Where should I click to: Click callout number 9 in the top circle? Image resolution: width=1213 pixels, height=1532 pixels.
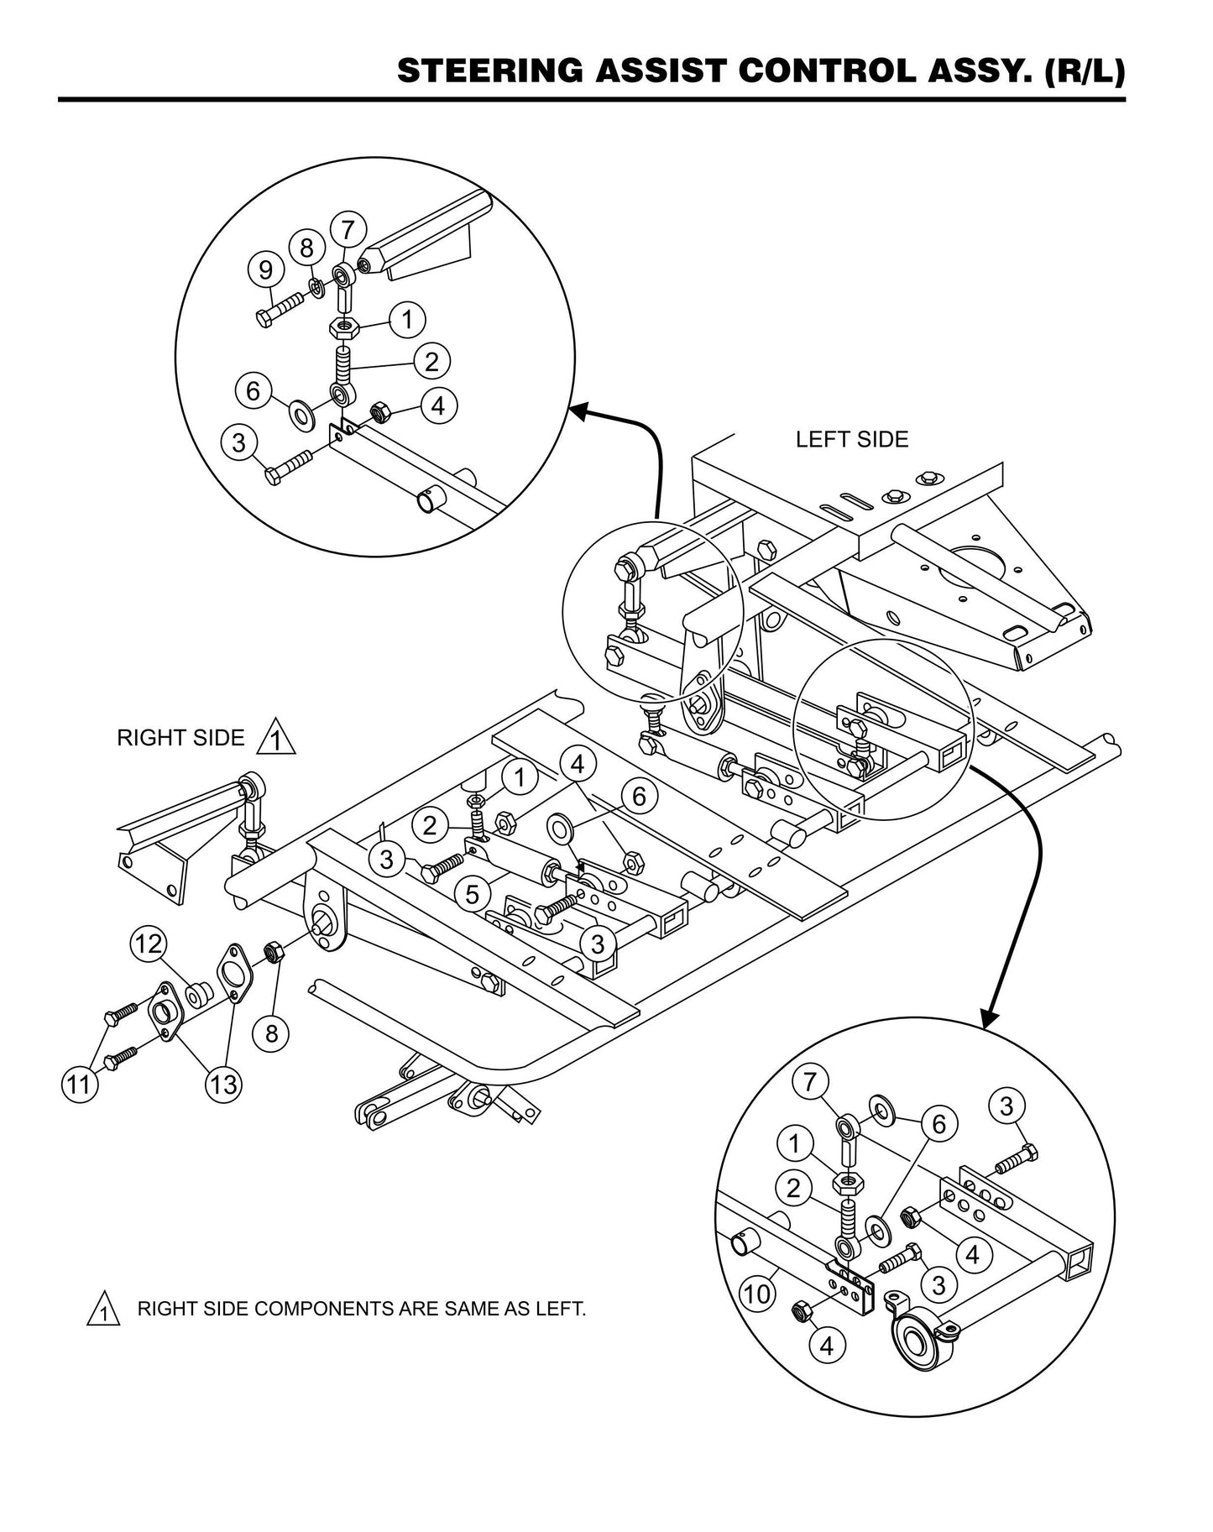click(x=265, y=270)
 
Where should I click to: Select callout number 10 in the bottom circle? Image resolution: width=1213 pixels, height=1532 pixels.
click(x=756, y=1294)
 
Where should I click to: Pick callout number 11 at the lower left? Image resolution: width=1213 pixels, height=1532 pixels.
click(x=79, y=1085)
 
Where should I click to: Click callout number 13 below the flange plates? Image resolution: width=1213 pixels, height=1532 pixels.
click(x=223, y=1085)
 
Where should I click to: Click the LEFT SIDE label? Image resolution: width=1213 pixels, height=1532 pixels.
click(x=851, y=440)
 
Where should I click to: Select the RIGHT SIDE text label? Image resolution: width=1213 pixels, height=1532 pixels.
click(x=180, y=738)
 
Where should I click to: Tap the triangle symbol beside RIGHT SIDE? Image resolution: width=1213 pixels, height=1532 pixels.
click(x=277, y=740)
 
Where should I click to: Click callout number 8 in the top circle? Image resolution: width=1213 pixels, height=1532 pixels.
click(x=306, y=248)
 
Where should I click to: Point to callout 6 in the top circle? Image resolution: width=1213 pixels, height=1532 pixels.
click(x=253, y=391)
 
